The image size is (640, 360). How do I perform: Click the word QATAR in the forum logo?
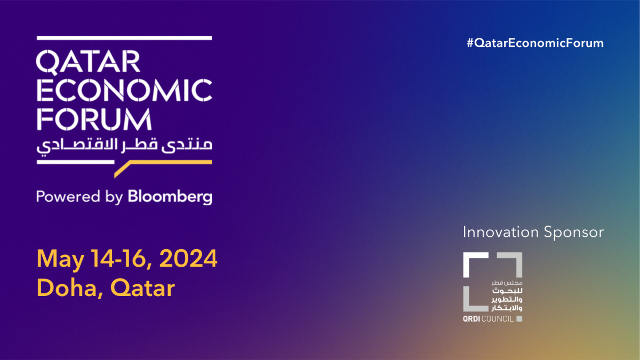point(89,63)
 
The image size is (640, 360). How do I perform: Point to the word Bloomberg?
point(170,197)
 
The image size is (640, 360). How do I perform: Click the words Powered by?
point(79,197)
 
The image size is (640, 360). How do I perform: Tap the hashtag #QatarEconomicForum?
point(535,43)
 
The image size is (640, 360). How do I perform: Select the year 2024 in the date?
point(189,260)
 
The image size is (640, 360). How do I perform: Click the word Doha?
point(68,289)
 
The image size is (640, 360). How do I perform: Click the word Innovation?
point(501,233)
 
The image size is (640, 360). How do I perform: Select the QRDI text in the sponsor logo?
point(473,319)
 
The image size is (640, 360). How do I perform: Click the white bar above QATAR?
point(124,38)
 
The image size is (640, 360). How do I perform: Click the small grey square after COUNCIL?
point(519,319)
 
